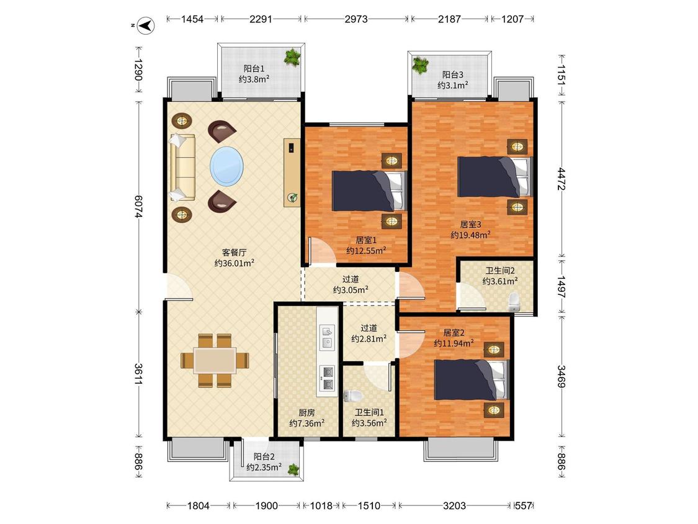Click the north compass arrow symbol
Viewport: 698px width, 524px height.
pos(146,25)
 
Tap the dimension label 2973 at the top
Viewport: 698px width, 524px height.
pos(356,19)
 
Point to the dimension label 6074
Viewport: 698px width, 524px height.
pos(138,206)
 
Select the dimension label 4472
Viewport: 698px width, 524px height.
pos(562,179)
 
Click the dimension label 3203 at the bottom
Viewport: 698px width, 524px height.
pos(455,506)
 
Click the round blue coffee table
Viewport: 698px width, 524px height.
pos(226,166)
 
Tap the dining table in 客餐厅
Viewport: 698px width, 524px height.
pos(215,361)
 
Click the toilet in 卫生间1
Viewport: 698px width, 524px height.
pos(354,395)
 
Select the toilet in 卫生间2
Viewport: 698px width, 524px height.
pos(514,302)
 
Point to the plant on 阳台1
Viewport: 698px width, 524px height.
pos(292,57)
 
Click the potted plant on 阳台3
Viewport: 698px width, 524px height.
pos(420,65)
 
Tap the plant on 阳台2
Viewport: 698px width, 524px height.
pos(293,469)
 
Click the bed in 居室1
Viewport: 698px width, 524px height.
pos(370,191)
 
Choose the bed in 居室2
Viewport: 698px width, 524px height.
pos(472,379)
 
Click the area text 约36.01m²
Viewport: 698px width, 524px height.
pos(234,263)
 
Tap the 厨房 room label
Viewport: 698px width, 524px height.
pos(306,413)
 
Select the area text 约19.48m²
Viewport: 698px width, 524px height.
pos(470,235)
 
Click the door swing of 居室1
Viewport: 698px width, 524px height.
pos(322,251)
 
